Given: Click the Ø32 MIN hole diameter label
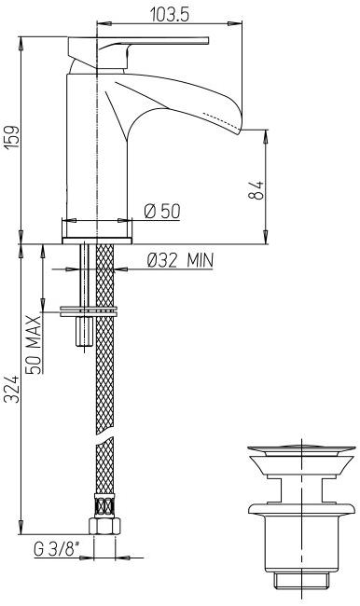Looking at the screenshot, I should point(179,260).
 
